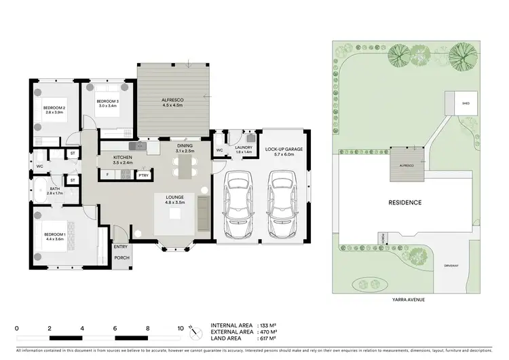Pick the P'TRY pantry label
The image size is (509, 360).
pyautogui.click(x=143, y=175)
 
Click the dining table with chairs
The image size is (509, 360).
pyautogui.click(x=185, y=164)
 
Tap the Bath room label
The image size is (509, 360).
pyautogui.click(x=54, y=192)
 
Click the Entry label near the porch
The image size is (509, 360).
pyautogui.click(x=121, y=247)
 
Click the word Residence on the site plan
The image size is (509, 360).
pyautogui.click(x=404, y=202)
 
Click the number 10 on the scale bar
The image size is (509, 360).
pyautogui.click(x=181, y=327)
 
